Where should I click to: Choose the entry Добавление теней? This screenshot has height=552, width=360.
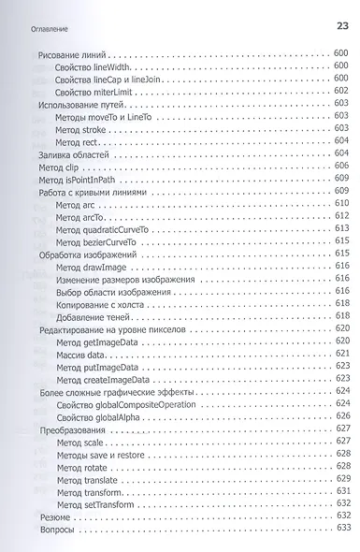[x=97, y=316]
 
